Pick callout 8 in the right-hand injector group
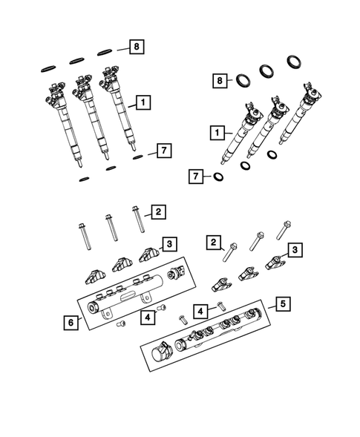[x=220, y=80]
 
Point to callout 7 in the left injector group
[x=163, y=151]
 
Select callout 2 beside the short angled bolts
[x=214, y=242]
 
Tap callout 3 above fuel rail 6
[x=169, y=243]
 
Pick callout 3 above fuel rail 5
[x=295, y=251]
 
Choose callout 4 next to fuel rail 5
[x=200, y=309]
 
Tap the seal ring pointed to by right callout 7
[x=219, y=177]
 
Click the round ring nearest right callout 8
[x=243, y=79]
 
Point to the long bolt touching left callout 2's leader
[x=137, y=220]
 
